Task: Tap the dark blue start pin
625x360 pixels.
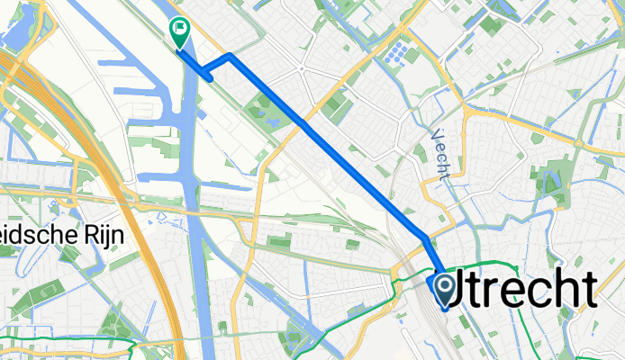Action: click(446, 290)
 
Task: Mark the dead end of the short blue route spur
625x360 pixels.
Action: click(212, 80)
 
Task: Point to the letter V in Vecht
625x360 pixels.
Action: click(439, 133)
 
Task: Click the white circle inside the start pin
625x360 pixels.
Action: click(446, 285)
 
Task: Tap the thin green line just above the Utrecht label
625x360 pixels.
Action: click(486, 263)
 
